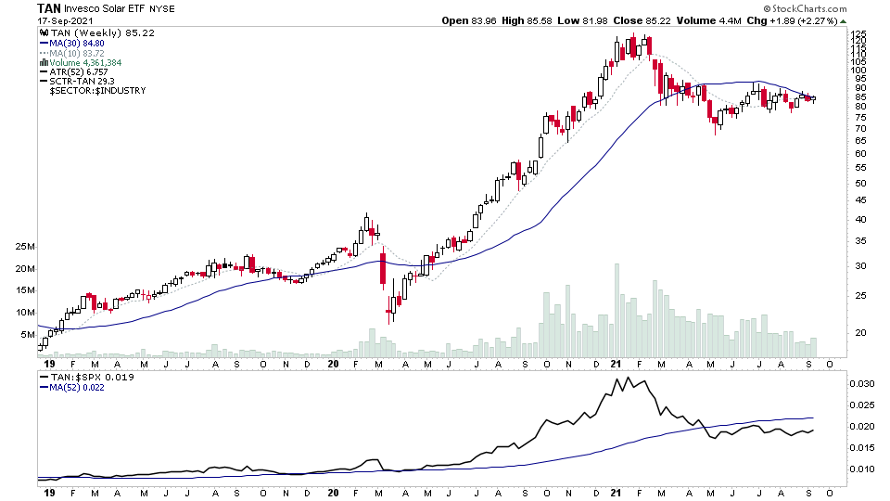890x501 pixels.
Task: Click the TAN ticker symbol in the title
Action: point(50,8)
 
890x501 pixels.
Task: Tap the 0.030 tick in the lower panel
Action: point(861,383)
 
